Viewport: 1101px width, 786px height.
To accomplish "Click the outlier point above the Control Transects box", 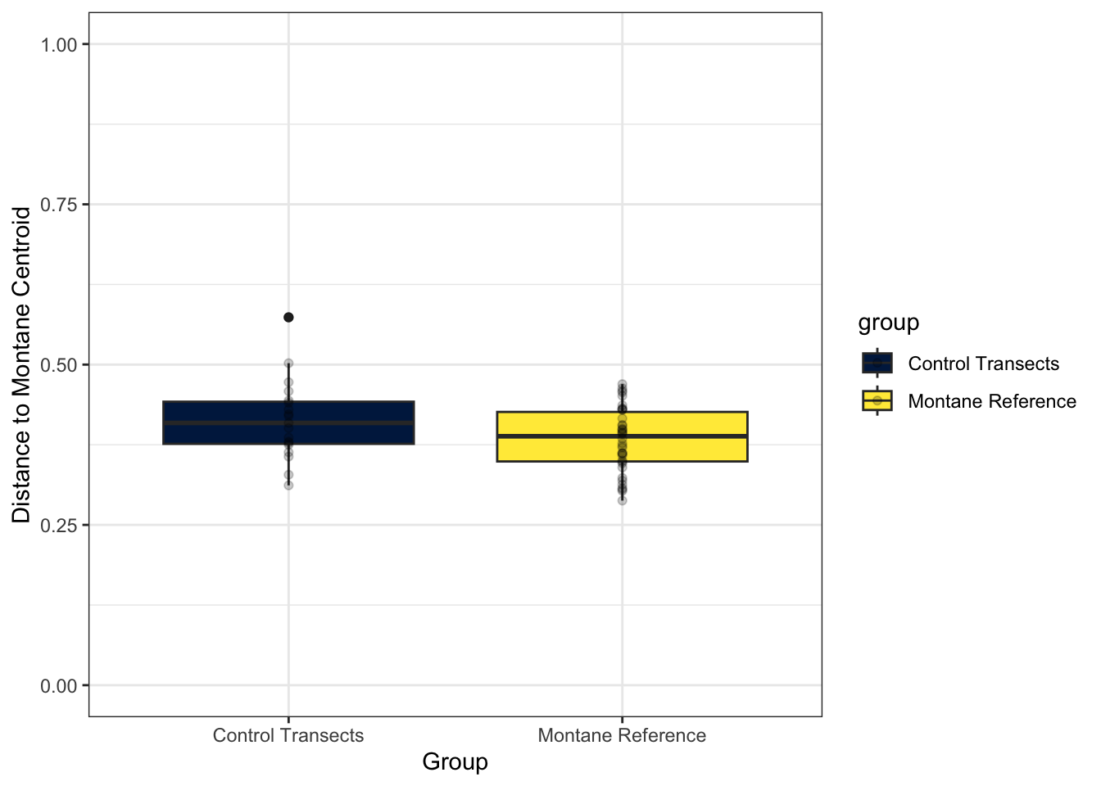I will click(288, 317).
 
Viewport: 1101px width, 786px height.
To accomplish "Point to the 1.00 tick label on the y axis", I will click(59, 44).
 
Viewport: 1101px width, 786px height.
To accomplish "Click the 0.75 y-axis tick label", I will click(59, 205).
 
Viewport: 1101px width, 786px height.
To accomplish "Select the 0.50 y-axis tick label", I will click(59, 364).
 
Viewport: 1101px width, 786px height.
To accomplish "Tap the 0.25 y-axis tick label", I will click(59, 525).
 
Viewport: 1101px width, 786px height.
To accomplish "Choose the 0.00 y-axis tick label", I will click(59, 685).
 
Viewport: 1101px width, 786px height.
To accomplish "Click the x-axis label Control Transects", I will click(288, 735).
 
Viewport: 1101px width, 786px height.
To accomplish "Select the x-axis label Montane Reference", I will click(622, 735).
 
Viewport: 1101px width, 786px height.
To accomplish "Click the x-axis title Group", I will click(455, 761).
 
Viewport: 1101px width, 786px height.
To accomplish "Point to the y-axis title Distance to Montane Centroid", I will click(21, 364).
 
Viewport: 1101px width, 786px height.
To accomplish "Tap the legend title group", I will click(888, 323).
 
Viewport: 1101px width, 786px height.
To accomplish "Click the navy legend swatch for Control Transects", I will click(877, 363).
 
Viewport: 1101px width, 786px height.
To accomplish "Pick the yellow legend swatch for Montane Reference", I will click(877, 400).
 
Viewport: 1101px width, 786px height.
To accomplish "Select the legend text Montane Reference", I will click(992, 401).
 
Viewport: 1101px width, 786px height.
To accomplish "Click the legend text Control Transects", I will click(983, 364).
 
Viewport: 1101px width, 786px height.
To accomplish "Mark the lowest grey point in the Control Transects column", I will click(288, 486).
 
